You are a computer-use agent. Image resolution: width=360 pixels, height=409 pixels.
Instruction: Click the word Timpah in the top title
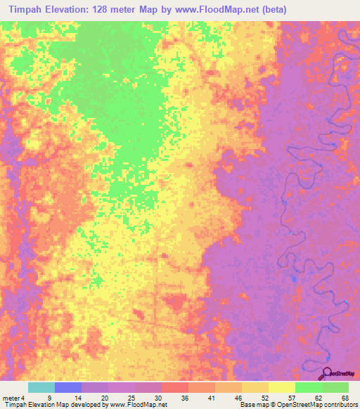(27, 9)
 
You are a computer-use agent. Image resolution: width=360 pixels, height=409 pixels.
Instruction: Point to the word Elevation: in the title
(72, 9)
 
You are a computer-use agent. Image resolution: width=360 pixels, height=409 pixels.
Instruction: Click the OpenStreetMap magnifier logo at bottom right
(328, 374)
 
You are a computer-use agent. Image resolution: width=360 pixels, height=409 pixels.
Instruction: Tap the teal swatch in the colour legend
(41, 387)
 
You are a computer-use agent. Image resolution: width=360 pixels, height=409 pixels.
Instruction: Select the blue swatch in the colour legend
(68, 387)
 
